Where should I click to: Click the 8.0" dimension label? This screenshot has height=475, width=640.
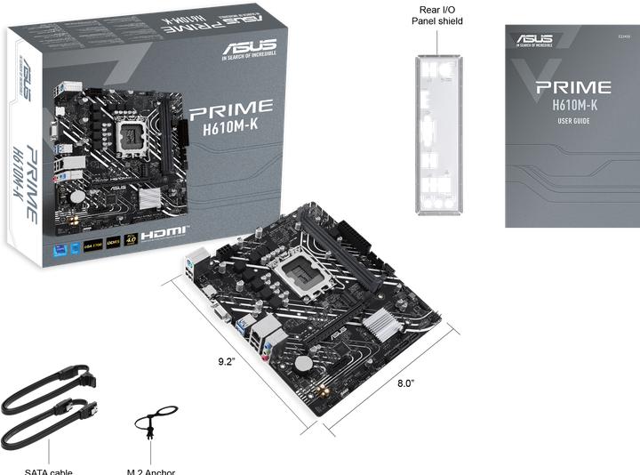tap(406, 382)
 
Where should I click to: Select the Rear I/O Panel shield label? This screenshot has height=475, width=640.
tap(436, 15)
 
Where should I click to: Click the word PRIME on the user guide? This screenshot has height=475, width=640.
tap(572, 88)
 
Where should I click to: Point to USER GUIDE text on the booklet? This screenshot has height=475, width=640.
tap(573, 120)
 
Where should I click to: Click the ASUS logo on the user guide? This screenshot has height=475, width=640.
tap(533, 39)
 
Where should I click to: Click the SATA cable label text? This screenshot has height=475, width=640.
tap(48, 471)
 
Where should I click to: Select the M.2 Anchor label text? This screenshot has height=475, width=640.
tap(151, 471)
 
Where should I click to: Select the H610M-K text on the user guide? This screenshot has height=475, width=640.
tap(573, 105)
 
